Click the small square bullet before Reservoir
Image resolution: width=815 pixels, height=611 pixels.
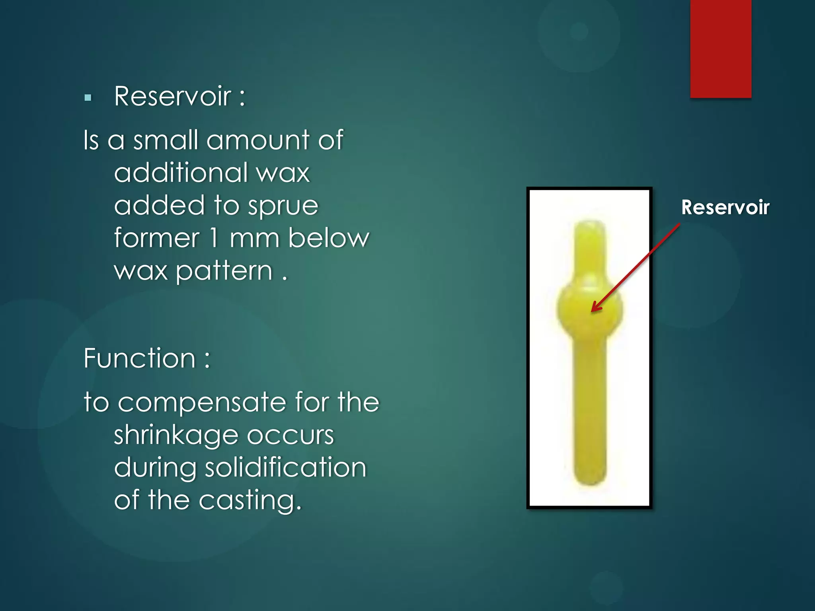(88, 97)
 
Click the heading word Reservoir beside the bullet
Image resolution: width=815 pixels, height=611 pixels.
(172, 96)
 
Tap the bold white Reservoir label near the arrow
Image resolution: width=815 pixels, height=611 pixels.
(725, 207)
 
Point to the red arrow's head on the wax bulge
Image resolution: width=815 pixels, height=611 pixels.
(594, 309)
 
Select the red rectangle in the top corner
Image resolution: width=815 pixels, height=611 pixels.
(720, 49)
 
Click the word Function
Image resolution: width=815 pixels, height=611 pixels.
(139, 358)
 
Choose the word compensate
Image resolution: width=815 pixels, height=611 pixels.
(202, 402)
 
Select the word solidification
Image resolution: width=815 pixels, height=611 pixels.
(285, 467)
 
